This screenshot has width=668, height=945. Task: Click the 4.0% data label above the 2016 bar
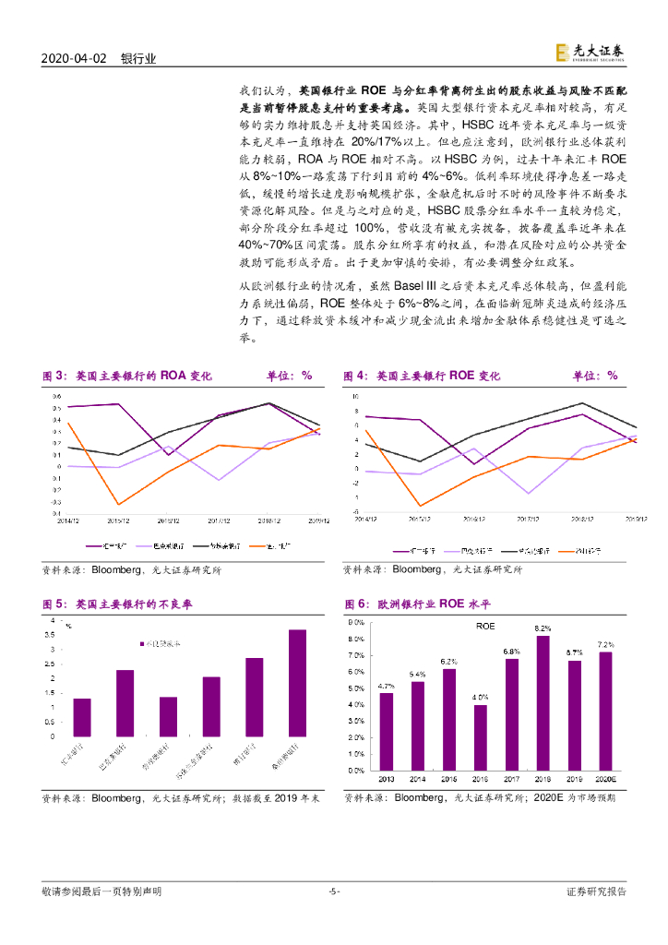tap(480, 697)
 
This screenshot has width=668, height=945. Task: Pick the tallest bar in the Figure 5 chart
tap(297, 683)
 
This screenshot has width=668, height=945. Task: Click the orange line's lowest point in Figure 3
tap(118, 504)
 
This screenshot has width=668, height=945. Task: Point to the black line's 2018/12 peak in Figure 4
tap(581, 402)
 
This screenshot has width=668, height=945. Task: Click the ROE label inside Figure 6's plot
tap(485, 626)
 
